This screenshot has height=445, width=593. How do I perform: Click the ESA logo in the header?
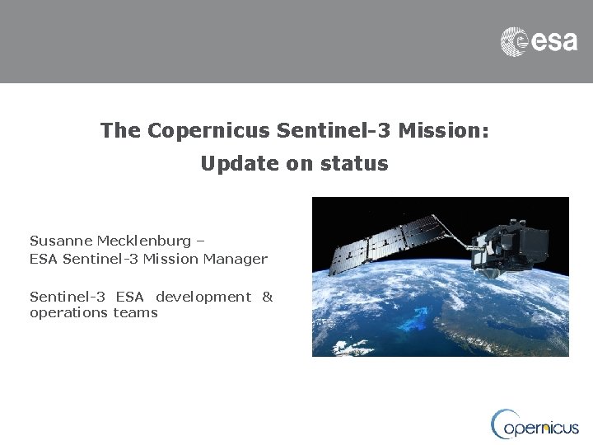[x=539, y=40]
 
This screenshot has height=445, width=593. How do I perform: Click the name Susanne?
[x=61, y=241]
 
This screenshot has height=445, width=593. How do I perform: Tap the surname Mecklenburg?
[x=145, y=241]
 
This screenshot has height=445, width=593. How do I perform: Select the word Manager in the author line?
[x=239, y=259]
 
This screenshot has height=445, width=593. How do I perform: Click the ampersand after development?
[x=267, y=296]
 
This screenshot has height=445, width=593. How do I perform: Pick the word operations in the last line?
[x=69, y=313]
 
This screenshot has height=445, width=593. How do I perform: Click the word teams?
[x=135, y=313]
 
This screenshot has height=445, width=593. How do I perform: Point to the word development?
[x=203, y=296]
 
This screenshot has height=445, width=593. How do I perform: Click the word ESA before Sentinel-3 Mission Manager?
[x=43, y=259]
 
